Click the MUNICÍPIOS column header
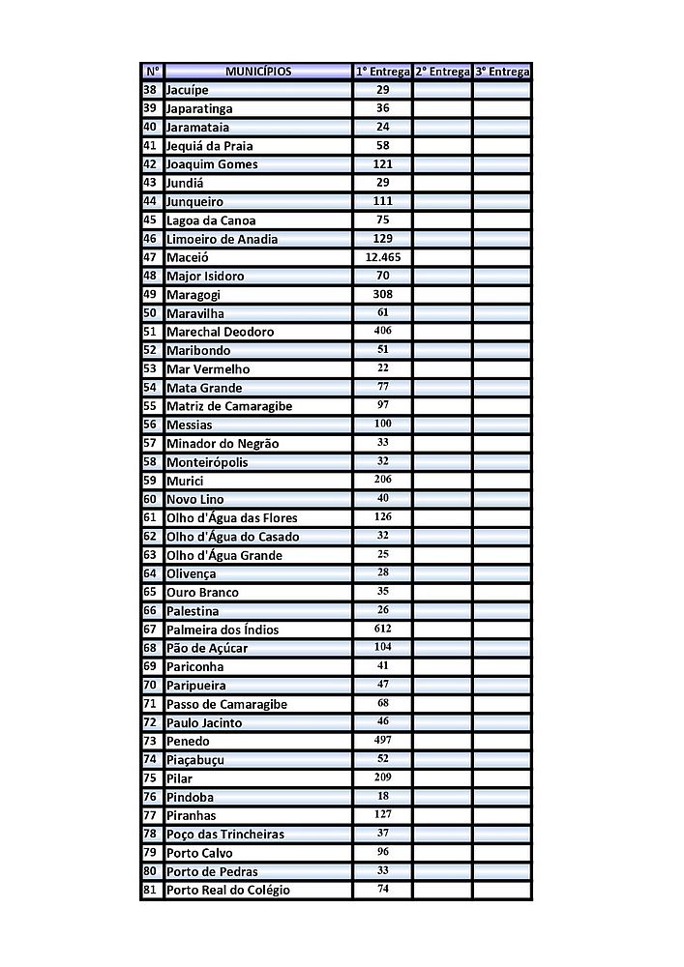click(x=257, y=72)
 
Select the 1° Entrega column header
click(x=383, y=72)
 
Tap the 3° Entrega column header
click(x=502, y=72)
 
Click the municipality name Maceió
click(x=188, y=257)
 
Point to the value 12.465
click(x=383, y=257)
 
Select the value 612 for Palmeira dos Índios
click(x=383, y=630)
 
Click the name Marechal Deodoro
click(x=220, y=332)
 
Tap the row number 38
click(x=150, y=90)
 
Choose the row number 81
click(x=150, y=890)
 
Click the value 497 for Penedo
click(x=383, y=741)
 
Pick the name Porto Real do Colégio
click(x=227, y=890)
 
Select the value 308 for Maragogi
click(x=383, y=295)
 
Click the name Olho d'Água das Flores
click(x=231, y=518)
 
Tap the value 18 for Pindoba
click(x=383, y=797)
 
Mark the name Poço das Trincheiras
click(x=224, y=834)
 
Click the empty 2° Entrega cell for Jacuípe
click(x=442, y=90)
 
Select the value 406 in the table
click(x=383, y=332)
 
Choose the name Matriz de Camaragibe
click(x=228, y=406)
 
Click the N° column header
click(x=152, y=72)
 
